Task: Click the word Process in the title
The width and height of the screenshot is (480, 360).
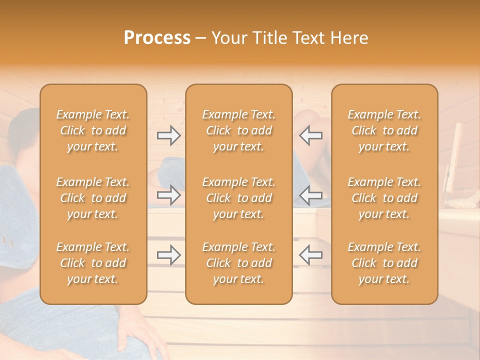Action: click(157, 38)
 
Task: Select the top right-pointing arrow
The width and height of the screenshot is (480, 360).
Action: click(168, 135)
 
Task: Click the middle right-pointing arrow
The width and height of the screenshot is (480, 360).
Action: click(168, 195)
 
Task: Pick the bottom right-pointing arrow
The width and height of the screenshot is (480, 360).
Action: click(168, 255)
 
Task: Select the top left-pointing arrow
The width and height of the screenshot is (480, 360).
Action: click(310, 135)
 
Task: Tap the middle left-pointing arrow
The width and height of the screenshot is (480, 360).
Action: click(310, 195)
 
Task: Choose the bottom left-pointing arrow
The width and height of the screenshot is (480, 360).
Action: click(310, 255)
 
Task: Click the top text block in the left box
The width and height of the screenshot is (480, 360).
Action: click(93, 130)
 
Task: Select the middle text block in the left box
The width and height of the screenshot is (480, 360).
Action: click(93, 198)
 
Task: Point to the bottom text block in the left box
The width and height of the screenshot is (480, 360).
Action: click(93, 263)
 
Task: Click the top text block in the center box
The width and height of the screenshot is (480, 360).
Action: click(238, 130)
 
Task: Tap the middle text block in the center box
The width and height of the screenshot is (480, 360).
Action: click(238, 198)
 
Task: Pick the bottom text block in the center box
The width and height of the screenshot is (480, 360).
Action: click(238, 263)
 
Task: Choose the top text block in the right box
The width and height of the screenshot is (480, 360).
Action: click(384, 130)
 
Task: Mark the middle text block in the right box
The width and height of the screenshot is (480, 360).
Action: click(384, 198)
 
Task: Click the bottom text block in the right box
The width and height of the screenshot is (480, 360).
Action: click(384, 263)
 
